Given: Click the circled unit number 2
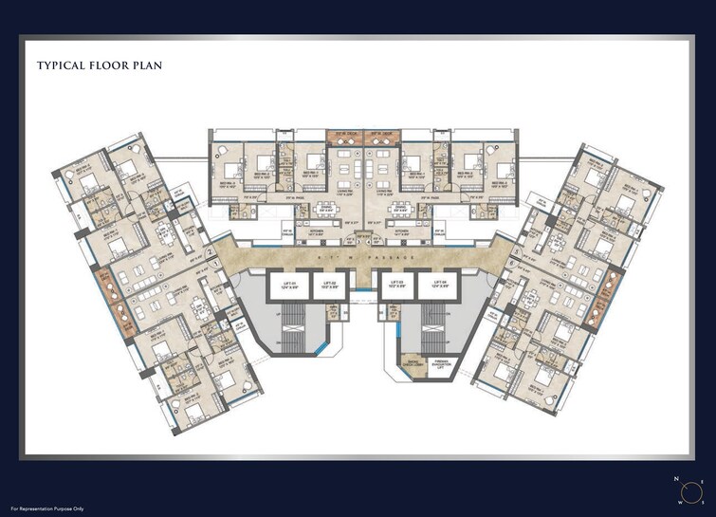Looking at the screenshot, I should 210,253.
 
